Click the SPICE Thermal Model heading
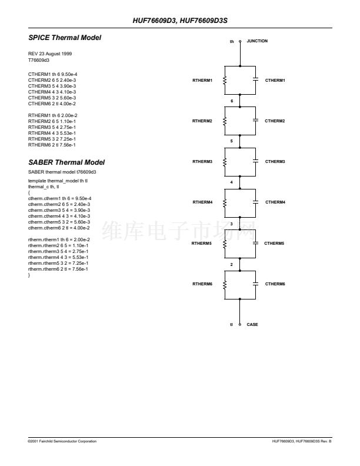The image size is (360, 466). tap(65, 38)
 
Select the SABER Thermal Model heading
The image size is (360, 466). tap(66, 162)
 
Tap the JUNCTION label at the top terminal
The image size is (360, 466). tap(257, 41)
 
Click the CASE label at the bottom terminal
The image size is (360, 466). tap(252, 325)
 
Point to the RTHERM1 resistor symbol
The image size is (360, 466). tap(225, 80)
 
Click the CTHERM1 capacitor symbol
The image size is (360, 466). tap(255, 79)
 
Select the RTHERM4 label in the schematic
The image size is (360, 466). tap(202, 202)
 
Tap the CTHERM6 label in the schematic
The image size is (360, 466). tap(275, 284)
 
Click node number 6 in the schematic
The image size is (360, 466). tap(232, 101)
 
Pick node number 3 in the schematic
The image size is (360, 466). tap(232, 224)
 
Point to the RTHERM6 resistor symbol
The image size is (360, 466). tap(225, 284)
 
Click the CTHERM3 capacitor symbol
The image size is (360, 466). tap(255, 161)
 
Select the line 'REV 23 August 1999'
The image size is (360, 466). tap(50, 54)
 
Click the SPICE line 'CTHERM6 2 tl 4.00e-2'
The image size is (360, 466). tap(52, 104)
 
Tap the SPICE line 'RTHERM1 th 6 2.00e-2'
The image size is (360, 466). tap(52, 115)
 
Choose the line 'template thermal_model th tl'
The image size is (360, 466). tap(58, 181)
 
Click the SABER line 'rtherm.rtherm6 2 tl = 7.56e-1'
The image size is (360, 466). tap(58, 269)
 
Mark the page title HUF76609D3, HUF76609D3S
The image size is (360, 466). tap(180, 21)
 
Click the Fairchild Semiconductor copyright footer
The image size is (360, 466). tap(62, 441)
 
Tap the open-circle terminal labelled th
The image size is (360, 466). tap(240, 41)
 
